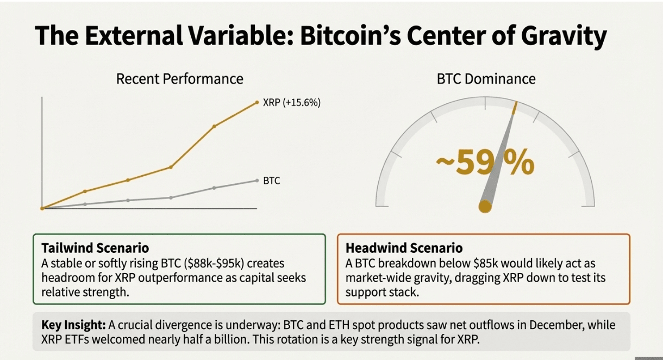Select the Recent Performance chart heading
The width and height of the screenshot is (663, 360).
pos(179,79)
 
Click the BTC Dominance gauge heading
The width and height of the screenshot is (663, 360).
pos(486,79)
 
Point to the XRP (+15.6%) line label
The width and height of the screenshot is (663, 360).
pos(291,102)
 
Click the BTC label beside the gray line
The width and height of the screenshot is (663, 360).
pos(272,181)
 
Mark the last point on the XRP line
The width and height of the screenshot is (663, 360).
pos(257,102)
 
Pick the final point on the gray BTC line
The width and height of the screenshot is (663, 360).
pos(257,180)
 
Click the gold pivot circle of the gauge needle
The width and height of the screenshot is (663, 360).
pos(485,206)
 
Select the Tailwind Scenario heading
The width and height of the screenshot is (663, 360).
pos(95,248)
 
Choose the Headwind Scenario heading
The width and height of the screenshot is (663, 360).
pos(404,249)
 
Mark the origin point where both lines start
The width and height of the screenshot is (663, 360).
pos(42,208)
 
